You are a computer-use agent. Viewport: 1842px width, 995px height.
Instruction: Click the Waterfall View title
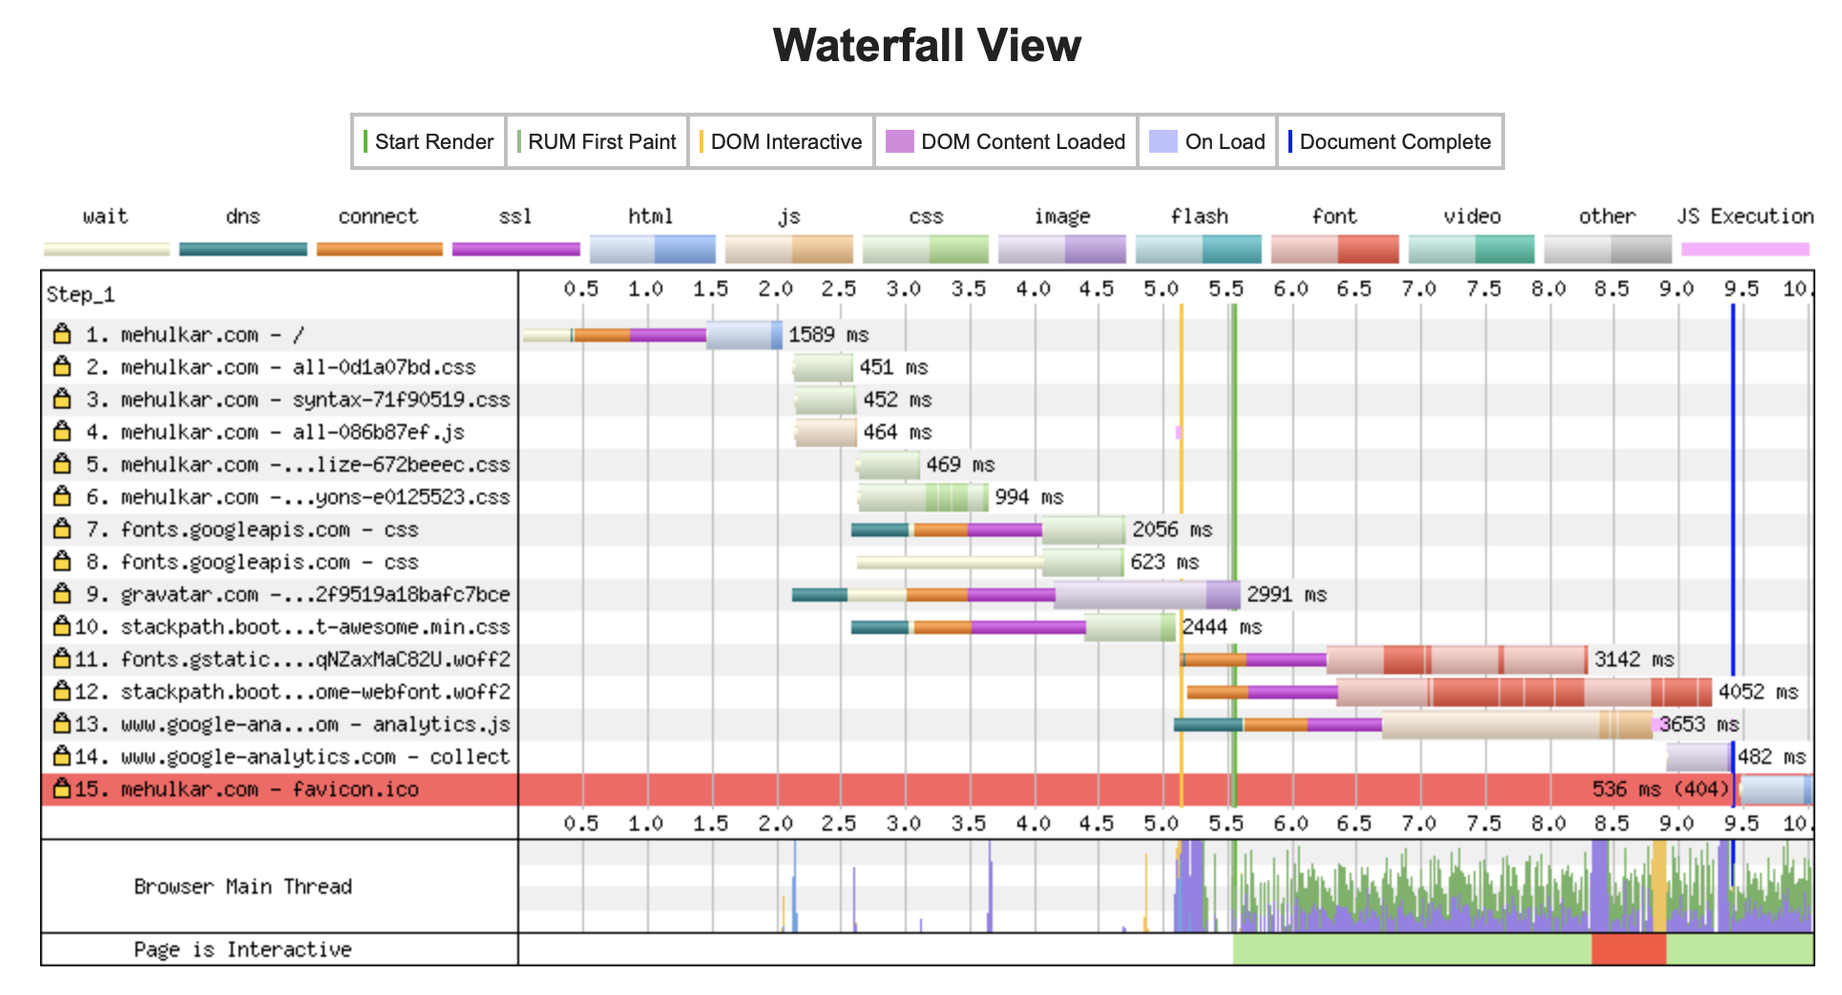click(927, 45)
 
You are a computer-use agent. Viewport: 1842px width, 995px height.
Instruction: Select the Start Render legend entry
click(429, 141)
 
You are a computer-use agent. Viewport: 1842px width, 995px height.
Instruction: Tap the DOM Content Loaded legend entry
click(1006, 141)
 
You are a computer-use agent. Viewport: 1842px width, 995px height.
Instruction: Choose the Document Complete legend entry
click(1390, 141)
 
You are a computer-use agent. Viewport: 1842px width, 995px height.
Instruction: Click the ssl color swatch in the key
click(516, 249)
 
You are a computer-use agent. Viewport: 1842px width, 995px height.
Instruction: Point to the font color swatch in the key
click(1335, 249)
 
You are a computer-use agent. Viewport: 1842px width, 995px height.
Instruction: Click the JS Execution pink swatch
click(1746, 249)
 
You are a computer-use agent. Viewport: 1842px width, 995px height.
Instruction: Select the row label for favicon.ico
click(246, 789)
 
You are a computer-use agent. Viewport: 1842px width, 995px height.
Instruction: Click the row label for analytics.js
click(293, 724)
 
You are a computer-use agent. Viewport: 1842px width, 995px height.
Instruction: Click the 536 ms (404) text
click(1661, 789)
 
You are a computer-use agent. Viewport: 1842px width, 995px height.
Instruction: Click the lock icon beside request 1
click(62, 333)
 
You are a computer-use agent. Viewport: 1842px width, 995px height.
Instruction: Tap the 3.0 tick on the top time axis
click(903, 288)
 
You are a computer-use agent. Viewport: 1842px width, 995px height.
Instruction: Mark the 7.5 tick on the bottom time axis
click(1483, 823)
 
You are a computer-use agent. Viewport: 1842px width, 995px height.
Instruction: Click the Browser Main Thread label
click(243, 886)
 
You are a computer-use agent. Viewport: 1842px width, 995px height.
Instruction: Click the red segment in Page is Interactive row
click(1628, 949)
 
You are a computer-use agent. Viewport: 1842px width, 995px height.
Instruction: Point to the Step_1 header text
click(81, 294)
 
